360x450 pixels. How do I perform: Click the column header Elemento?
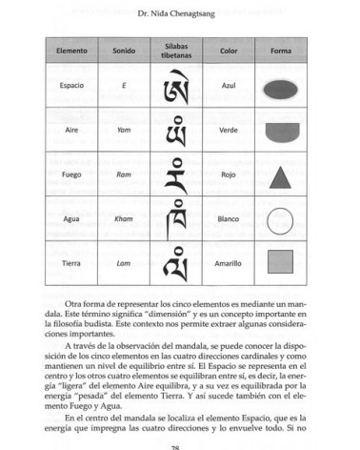point(71,50)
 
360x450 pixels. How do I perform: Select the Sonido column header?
point(124,50)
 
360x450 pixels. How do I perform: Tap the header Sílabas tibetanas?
point(177,49)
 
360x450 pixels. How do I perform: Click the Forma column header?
point(280,50)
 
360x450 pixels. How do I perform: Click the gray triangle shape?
point(280,175)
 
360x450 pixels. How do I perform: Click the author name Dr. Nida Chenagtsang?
point(180,10)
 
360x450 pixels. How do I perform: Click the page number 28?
point(180,445)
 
